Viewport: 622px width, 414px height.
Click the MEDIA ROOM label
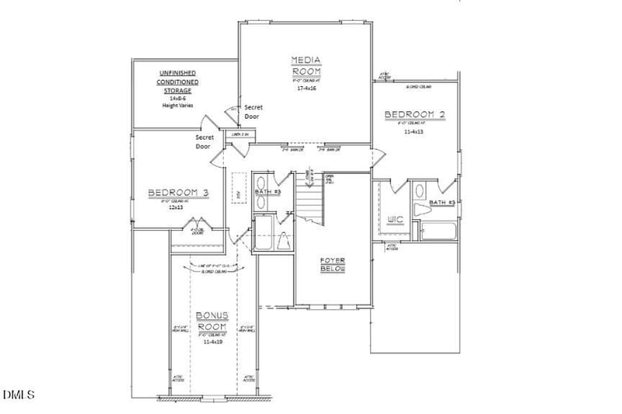tap(306, 65)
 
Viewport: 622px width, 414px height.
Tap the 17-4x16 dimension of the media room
tap(306, 88)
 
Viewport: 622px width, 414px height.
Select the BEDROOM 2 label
tap(415, 115)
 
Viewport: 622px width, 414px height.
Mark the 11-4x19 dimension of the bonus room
tap(211, 341)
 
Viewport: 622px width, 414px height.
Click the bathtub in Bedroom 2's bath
tap(437, 231)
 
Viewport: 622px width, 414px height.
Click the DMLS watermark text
tap(19, 395)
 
